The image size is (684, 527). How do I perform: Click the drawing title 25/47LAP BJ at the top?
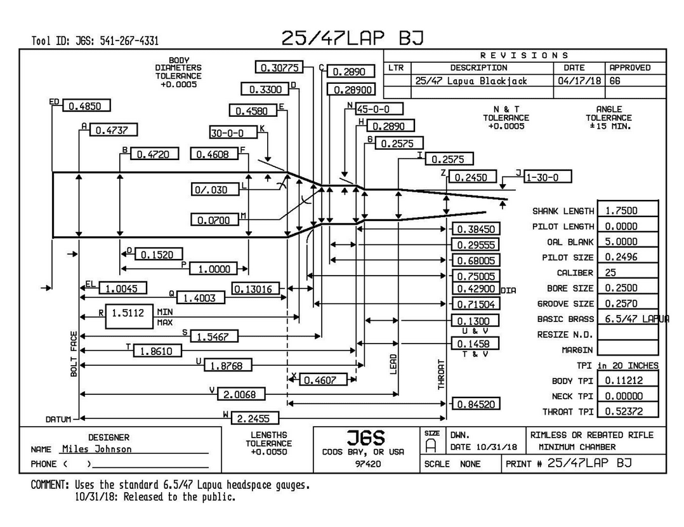(352, 39)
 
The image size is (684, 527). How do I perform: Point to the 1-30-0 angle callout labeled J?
(546, 177)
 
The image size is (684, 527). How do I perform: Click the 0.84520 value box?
(475, 404)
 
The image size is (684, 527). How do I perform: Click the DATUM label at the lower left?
(58, 419)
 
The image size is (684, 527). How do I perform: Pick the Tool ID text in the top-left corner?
(95, 41)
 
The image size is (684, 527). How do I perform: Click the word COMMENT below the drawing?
(50, 484)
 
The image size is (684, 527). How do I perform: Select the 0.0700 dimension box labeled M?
(214, 220)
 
